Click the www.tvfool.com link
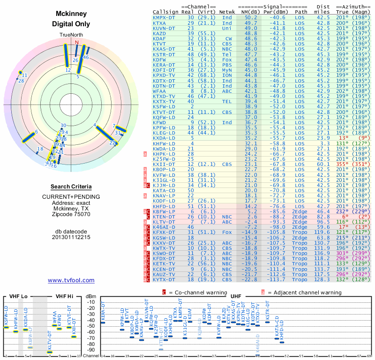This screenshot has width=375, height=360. coord(71,280)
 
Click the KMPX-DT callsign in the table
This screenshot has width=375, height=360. coord(165,17)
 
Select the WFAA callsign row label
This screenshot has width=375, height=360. coord(159,91)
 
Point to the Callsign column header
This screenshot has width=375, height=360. coord(165,12)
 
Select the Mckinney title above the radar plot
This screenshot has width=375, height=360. coord(71,14)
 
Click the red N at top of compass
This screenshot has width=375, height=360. coord(77,42)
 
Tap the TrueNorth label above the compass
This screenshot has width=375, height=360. coord(71,35)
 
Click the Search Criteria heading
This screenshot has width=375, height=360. coord(71,187)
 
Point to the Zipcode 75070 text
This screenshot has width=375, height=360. coord(71,214)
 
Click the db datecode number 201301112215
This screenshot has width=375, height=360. coord(71,237)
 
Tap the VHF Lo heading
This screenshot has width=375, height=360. coord(17,296)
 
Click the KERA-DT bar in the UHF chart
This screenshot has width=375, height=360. coord(103,322)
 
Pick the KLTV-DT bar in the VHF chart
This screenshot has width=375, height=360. coord(50,352)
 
